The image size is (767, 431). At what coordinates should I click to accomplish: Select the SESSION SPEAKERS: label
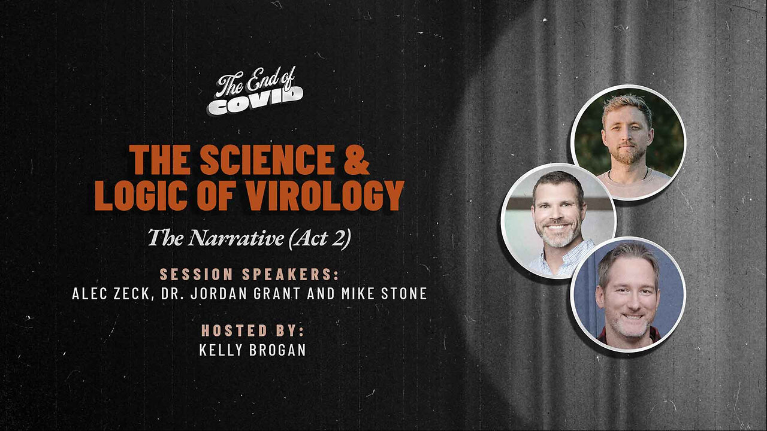click(x=249, y=275)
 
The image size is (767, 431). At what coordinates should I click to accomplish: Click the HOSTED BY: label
click(x=252, y=330)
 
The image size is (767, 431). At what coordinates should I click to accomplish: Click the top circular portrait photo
click(x=628, y=142)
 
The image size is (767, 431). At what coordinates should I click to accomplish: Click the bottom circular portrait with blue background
click(x=628, y=295)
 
